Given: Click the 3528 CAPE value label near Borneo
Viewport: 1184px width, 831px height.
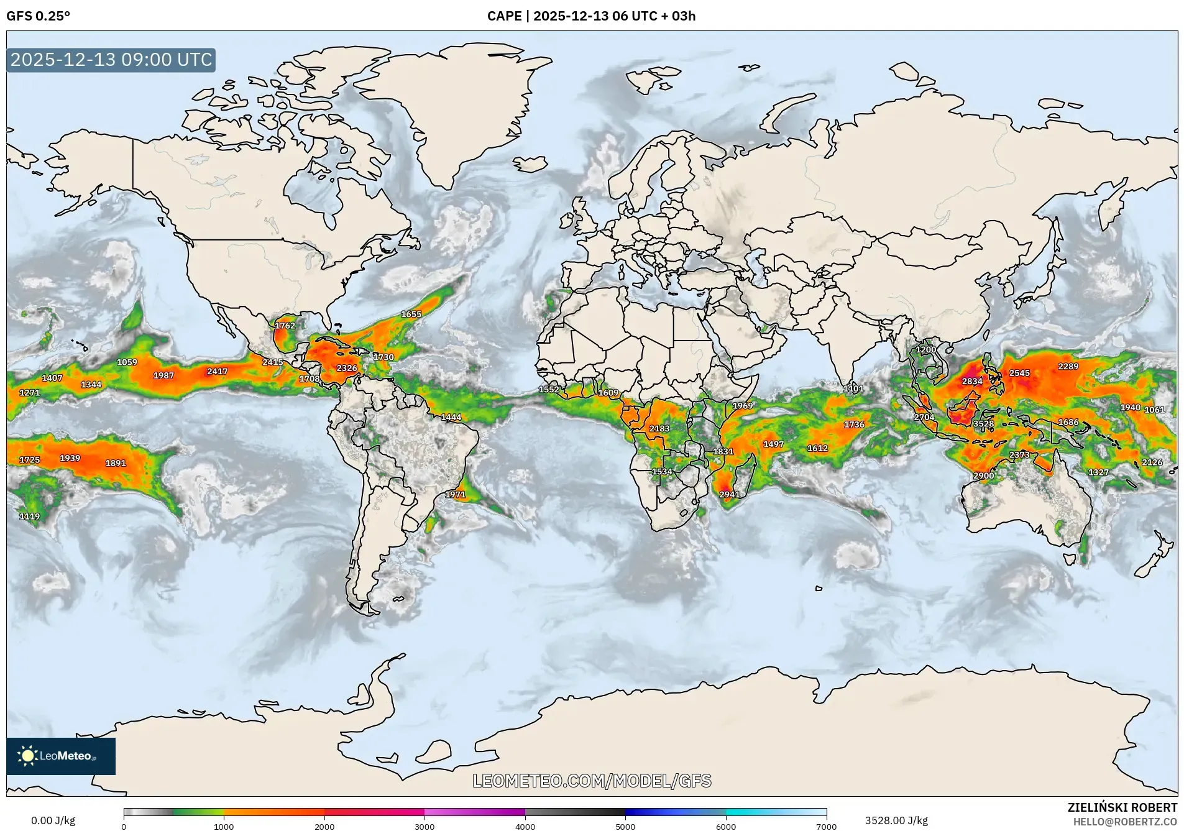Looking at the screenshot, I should [983, 424].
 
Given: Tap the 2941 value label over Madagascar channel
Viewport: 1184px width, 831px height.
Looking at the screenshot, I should [730, 495].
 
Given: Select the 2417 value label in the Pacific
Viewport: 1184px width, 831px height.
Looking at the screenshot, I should [217, 371].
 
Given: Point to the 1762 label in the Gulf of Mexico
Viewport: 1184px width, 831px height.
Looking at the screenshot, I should [285, 325].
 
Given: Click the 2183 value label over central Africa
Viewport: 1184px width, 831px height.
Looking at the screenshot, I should [659, 428].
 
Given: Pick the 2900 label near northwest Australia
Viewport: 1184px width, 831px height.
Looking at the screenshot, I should [983, 475].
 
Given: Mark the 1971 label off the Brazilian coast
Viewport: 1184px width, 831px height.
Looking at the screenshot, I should [455, 494].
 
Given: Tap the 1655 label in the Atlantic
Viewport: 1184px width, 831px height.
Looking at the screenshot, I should [411, 314].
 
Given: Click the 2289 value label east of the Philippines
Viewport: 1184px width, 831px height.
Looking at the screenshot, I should [1068, 366].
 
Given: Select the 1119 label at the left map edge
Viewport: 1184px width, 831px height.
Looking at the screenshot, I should [29, 516].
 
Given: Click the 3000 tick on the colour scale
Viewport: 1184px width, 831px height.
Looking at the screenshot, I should [424, 826].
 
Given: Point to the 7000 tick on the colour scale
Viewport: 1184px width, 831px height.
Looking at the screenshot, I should [826, 826].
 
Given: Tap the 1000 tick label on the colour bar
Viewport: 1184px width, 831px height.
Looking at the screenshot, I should [224, 827].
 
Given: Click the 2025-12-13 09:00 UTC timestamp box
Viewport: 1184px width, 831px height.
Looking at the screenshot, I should [111, 60].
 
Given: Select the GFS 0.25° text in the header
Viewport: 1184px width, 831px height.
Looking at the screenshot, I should [38, 16].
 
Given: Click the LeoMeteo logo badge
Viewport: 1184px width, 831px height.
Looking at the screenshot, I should [61, 756].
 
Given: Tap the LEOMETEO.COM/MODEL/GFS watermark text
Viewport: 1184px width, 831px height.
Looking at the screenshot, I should [592, 781].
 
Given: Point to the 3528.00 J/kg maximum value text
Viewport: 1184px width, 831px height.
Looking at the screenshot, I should [896, 820].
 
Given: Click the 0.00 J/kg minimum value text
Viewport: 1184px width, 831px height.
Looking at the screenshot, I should [53, 820].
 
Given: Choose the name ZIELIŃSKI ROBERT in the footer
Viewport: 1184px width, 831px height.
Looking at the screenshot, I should [1122, 807].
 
